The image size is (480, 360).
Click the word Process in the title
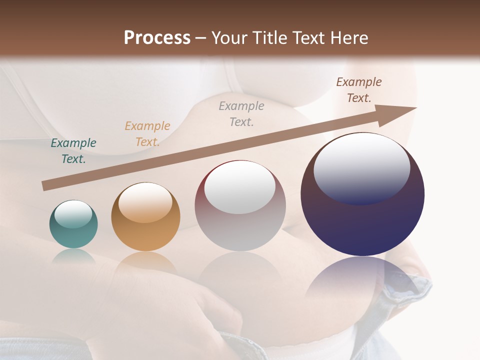click(x=157, y=37)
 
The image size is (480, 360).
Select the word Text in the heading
click(x=307, y=37)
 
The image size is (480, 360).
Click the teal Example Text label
click(x=73, y=151)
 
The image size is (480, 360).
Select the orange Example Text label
click(x=147, y=134)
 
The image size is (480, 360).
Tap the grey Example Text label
click(x=241, y=114)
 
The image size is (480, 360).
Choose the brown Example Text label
click(x=359, y=90)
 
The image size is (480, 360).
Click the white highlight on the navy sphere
click(x=362, y=167)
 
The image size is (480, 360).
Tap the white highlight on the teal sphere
click(x=73, y=214)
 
